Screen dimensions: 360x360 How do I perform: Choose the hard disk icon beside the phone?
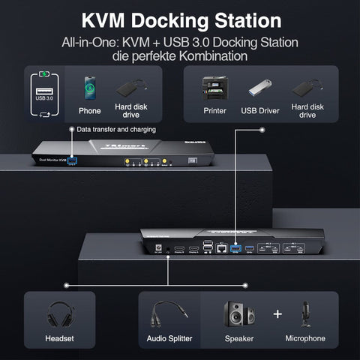tap(130, 87)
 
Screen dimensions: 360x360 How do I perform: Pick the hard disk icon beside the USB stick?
tap(306, 88)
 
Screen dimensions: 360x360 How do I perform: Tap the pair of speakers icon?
tap(238, 313)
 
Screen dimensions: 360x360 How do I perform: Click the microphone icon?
tap(305, 313)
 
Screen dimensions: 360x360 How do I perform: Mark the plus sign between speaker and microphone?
tap(277, 313)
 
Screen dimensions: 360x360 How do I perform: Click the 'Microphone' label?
tap(305, 338)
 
